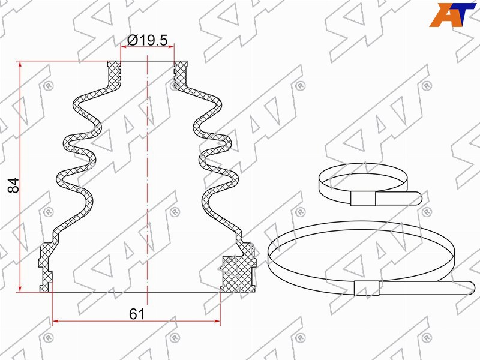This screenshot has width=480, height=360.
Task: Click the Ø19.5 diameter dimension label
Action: [148, 40]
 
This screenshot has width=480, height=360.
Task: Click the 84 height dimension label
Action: [14, 185]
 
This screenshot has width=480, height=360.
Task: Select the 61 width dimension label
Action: [137, 314]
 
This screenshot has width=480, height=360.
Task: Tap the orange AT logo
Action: [453, 14]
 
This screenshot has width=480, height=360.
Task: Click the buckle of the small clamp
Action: [363, 199]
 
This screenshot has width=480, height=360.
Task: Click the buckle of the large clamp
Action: [367, 288]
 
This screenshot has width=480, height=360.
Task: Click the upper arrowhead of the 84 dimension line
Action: [20, 64]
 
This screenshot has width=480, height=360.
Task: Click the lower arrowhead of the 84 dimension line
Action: [20, 289]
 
